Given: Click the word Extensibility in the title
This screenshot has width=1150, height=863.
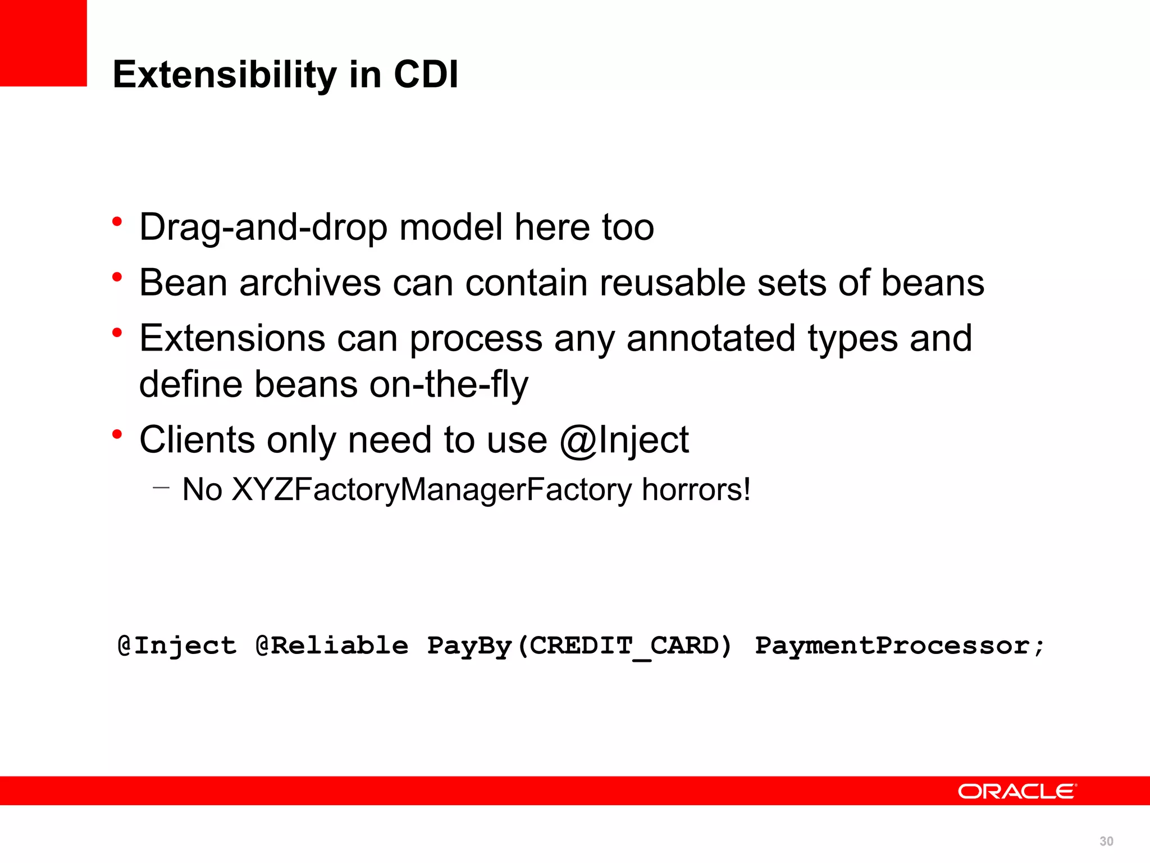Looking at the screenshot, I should pos(224,75).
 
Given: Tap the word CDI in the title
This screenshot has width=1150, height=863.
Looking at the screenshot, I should pos(426,75).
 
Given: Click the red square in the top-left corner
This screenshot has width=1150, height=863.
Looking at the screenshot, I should pos(43,43).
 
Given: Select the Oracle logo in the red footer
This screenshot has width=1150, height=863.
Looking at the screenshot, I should pos(1017,791).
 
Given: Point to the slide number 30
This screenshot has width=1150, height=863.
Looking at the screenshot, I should pos(1106,841).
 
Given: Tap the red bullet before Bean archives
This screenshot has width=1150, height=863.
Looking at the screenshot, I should pos(117,277).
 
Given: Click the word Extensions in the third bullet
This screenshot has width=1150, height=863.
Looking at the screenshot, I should pos(232,338).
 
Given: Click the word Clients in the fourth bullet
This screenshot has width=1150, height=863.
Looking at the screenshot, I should pos(197,439).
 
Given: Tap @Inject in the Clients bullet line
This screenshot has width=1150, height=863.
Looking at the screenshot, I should pos(624,439).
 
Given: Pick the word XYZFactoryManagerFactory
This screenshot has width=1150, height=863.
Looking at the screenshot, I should pos(432,489).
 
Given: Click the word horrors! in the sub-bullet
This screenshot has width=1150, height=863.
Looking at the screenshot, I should pos(696,489).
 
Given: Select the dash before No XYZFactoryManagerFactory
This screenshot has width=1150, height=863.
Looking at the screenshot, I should pos(161,488).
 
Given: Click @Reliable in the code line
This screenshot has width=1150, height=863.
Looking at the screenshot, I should pos(331,646).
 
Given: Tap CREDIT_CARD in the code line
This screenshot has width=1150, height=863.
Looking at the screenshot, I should pos(624,646).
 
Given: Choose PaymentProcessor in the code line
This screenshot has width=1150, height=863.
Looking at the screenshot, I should pos(892,646).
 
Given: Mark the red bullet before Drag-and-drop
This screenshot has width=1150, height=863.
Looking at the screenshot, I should pos(117,222).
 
